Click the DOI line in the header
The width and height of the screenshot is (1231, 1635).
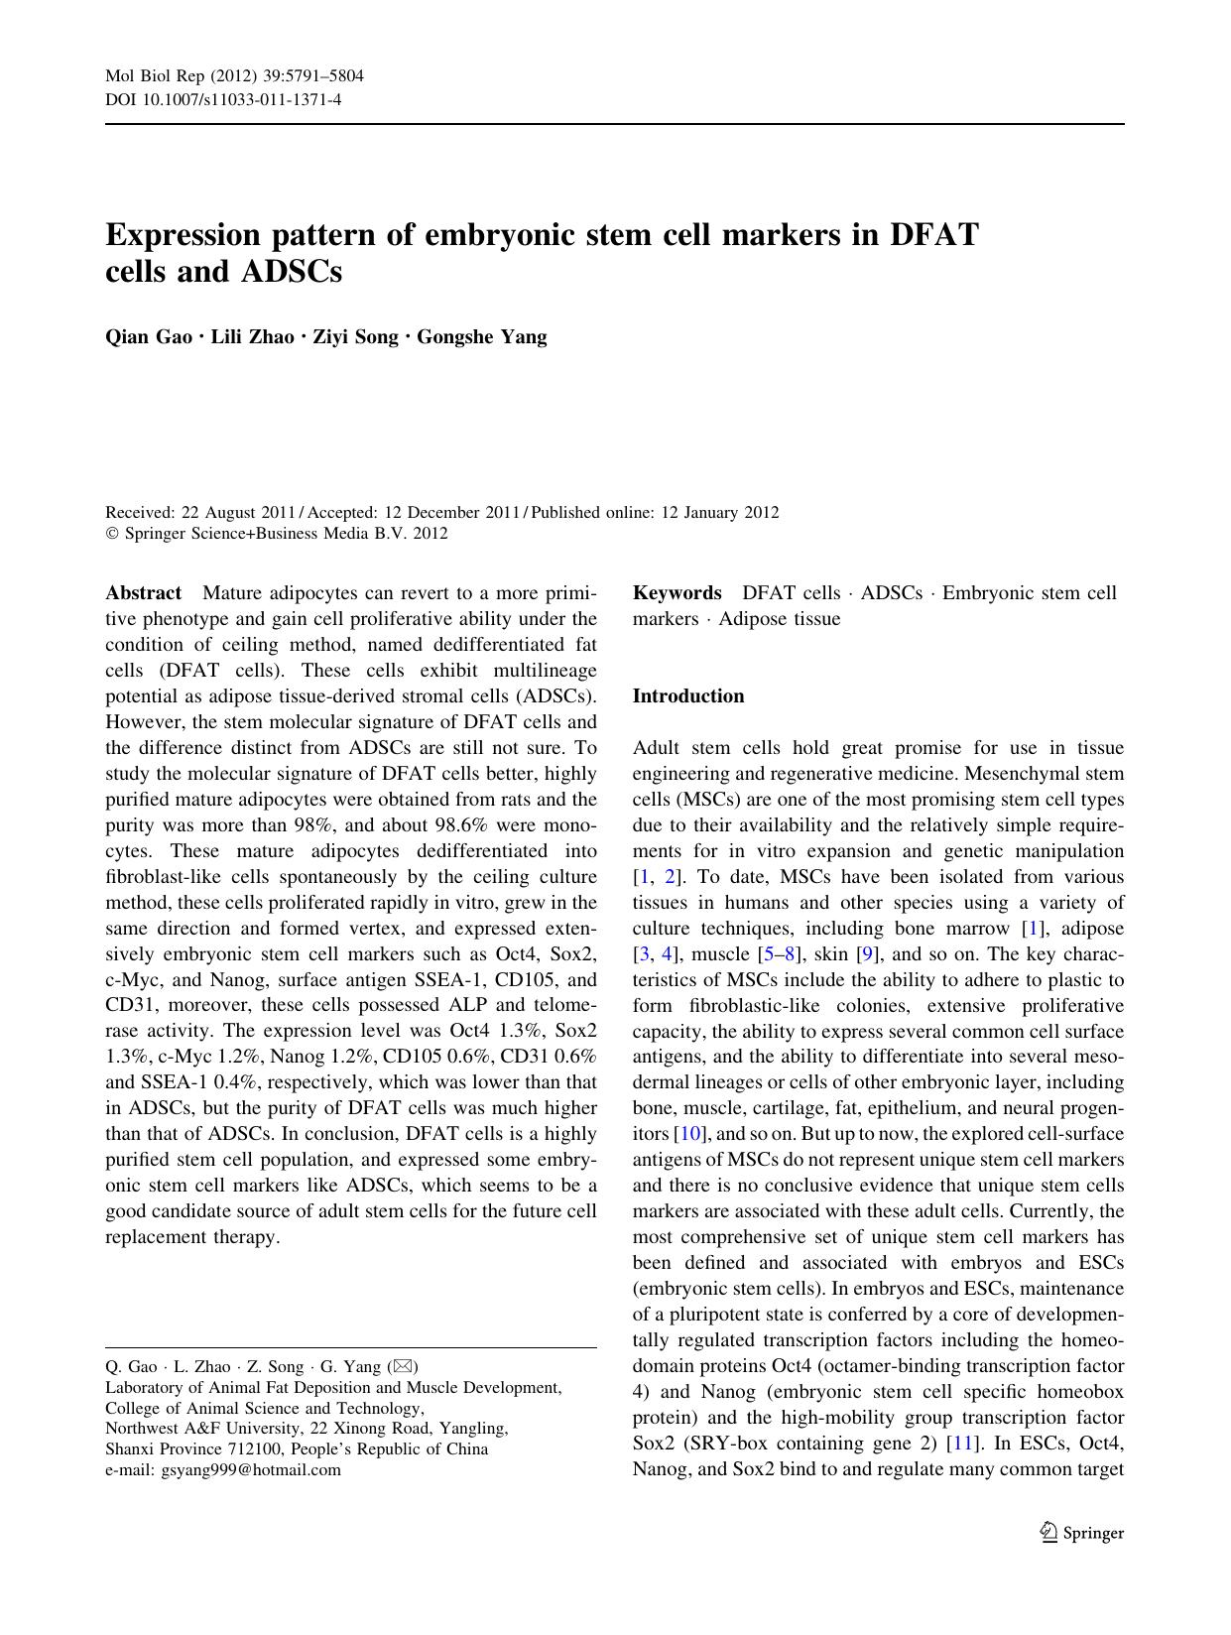click(223, 100)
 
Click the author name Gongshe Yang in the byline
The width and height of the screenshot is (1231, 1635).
click(481, 336)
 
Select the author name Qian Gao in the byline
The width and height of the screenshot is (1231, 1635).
click(149, 336)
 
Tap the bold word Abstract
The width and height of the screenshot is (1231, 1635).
click(143, 593)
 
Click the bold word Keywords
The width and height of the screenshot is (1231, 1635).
click(677, 593)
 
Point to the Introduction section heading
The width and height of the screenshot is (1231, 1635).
click(687, 696)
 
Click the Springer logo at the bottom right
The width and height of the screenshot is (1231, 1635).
click(1081, 1532)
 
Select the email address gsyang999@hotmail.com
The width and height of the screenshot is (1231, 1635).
click(251, 1470)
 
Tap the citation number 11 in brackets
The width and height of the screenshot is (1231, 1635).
click(959, 1444)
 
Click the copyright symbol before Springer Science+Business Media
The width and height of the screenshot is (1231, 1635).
click(111, 534)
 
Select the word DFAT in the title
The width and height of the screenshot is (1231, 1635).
click(933, 235)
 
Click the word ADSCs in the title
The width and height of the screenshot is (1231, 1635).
click(292, 271)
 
